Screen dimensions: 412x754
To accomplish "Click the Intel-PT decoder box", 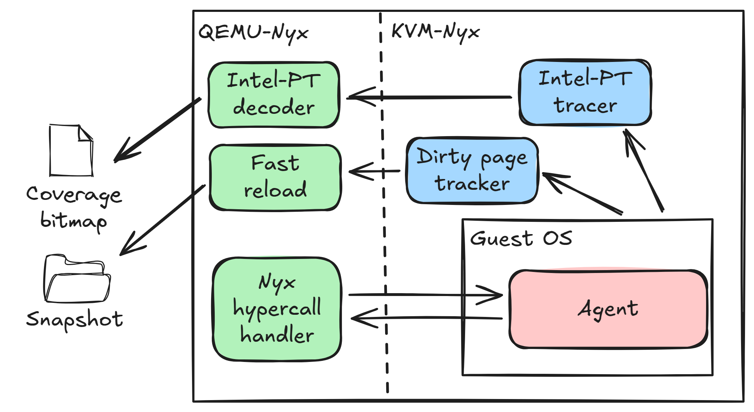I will tap(274, 95).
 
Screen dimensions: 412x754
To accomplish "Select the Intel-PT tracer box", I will tap(585, 93).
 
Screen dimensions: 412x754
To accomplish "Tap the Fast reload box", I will tap(275, 178).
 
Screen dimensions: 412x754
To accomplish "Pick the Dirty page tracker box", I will tap(472, 170).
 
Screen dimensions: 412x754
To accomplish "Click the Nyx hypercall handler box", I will tap(277, 309).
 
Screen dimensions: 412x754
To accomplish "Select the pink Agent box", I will tap(608, 309).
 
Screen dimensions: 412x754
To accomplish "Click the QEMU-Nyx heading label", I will tap(253, 32).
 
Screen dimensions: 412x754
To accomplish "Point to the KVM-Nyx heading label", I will tap(435, 32).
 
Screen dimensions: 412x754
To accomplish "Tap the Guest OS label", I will tap(521, 238).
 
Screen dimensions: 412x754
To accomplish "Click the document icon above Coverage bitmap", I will tap(71, 151).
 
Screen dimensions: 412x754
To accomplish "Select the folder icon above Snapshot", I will tap(77, 279).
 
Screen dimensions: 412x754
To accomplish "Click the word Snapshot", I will tap(75, 320).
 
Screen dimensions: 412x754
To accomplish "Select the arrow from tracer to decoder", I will tap(429, 97).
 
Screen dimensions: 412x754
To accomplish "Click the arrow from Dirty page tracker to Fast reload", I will tap(375, 171).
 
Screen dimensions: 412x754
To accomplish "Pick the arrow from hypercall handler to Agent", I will tap(425, 295).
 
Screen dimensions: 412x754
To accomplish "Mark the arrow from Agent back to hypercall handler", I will tap(425, 318).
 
